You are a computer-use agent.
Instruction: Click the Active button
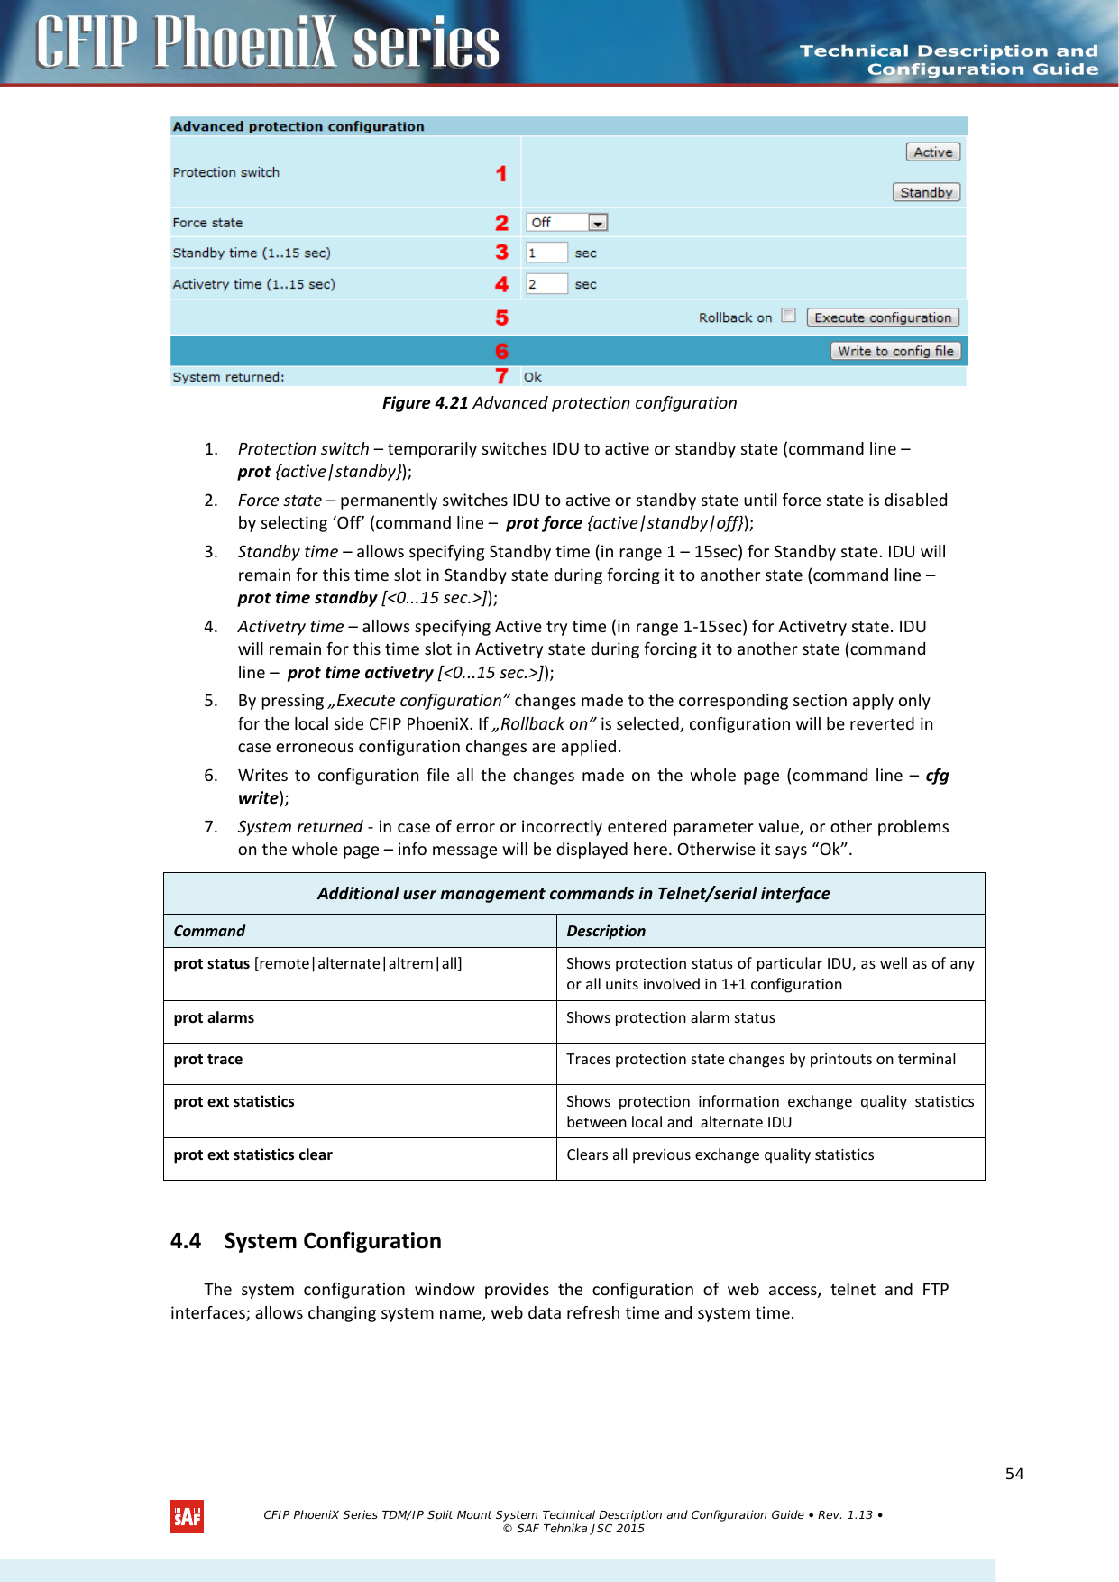pos(932,152)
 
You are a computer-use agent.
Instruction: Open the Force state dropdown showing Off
pos(567,223)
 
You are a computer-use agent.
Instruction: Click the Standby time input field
pos(546,253)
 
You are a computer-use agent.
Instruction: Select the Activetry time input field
pos(546,284)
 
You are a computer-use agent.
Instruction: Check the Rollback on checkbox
pos(789,316)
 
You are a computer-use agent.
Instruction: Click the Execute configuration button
pos(882,317)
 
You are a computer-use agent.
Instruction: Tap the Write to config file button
pos(894,352)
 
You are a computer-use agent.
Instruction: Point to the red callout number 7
pos(502,376)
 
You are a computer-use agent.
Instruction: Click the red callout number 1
pos(501,173)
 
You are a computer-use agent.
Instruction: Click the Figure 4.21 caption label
pos(559,403)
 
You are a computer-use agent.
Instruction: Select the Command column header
pos(209,931)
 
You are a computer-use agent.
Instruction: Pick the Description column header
pos(606,931)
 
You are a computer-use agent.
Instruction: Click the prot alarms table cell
pos(215,1017)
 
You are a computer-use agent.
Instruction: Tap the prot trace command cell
pos(208,1060)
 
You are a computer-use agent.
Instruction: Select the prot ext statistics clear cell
pos(253,1155)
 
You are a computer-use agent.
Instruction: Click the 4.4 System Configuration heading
pos(306,1241)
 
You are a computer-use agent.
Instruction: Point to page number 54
pos(1014,1474)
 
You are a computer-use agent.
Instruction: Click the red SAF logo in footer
pos(187,1517)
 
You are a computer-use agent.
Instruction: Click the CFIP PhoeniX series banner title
pos(268,42)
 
